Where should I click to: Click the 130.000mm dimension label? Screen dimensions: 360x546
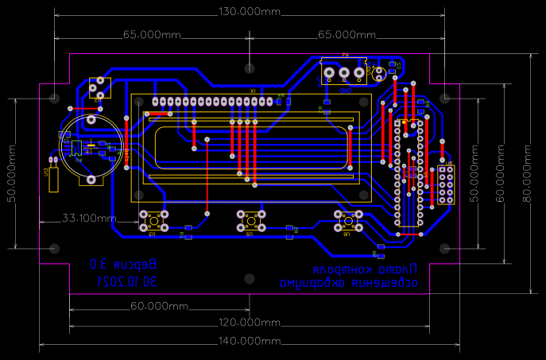click(x=250, y=12)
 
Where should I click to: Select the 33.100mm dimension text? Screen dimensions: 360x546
click(x=90, y=218)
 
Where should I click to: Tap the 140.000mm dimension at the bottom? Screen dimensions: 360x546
click(x=250, y=341)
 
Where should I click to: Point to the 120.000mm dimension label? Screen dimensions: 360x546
click(x=250, y=323)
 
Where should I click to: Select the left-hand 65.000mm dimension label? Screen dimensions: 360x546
click(x=152, y=35)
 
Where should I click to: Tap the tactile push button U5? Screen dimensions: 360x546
click(x=250, y=220)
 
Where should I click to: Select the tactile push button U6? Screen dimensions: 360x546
click(x=347, y=220)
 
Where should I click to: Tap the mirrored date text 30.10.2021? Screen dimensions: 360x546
click(x=128, y=281)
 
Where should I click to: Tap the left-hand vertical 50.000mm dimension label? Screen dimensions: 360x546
click(x=11, y=173)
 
